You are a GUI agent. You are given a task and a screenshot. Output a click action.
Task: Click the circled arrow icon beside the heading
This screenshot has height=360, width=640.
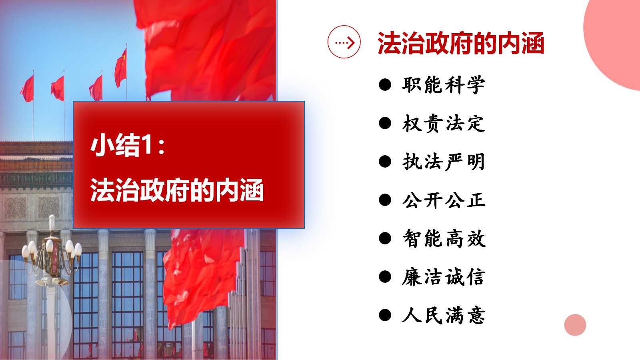pyautogui.click(x=344, y=42)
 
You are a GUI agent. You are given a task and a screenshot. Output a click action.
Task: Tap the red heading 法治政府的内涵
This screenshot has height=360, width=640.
pyautogui.click(x=460, y=43)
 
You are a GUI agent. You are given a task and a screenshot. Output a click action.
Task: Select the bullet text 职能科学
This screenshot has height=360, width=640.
pyautogui.click(x=444, y=85)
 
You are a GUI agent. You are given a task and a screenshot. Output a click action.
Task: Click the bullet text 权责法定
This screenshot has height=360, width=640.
pyautogui.click(x=444, y=124)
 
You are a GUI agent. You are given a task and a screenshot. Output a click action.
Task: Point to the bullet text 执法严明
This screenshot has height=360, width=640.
pyautogui.click(x=444, y=162)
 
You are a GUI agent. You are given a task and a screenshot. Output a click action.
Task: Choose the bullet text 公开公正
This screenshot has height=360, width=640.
pyautogui.click(x=444, y=200)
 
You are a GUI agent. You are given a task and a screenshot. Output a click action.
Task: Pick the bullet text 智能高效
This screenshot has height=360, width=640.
pyautogui.click(x=444, y=238)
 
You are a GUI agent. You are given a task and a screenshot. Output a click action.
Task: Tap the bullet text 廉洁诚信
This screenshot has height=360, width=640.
pyautogui.click(x=444, y=277)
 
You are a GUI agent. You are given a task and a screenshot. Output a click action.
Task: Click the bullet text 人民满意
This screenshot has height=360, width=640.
pyautogui.click(x=444, y=315)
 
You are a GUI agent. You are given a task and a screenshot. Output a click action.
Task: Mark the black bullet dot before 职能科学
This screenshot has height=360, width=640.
pyautogui.click(x=385, y=85)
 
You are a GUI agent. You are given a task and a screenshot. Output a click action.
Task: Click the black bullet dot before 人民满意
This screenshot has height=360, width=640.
pyautogui.click(x=385, y=315)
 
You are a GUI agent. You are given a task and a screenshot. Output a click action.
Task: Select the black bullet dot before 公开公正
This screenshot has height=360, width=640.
pyautogui.click(x=385, y=200)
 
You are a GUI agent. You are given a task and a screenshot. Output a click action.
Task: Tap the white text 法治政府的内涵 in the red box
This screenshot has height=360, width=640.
pyautogui.click(x=177, y=190)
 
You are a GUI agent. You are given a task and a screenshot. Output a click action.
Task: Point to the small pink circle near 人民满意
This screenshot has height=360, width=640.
pyautogui.click(x=575, y=325)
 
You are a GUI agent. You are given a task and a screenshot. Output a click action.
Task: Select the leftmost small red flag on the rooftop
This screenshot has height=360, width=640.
pyautogui.click(x=27, y=88)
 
